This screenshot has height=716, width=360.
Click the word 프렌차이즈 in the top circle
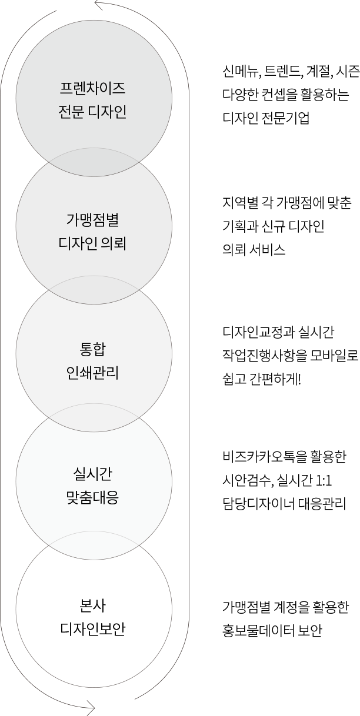click(93, 89)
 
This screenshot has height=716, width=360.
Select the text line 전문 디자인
click(93, 112)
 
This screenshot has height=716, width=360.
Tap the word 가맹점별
click(93, 220)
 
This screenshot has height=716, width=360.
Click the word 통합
click(93, 350)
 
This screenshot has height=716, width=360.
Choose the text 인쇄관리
click(93, 373)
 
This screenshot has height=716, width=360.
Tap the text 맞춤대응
click(93, 498)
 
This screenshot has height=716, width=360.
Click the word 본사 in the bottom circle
click(93, 606)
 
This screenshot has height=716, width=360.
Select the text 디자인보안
click(93, 629)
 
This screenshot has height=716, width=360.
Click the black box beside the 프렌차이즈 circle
click(291, 95)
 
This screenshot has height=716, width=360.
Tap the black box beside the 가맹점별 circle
click(287, 226)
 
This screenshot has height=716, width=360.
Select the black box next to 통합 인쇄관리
click(290, 356)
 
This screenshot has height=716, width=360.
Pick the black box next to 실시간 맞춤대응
click(284, 480)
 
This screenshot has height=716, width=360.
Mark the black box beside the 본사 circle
click(286, 619)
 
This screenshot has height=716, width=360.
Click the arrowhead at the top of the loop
click(96, 6)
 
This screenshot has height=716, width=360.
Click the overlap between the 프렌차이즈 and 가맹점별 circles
click(94, 162)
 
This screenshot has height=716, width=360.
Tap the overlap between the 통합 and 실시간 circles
click(94, 417)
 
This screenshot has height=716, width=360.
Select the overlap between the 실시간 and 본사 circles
click(94, 545)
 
